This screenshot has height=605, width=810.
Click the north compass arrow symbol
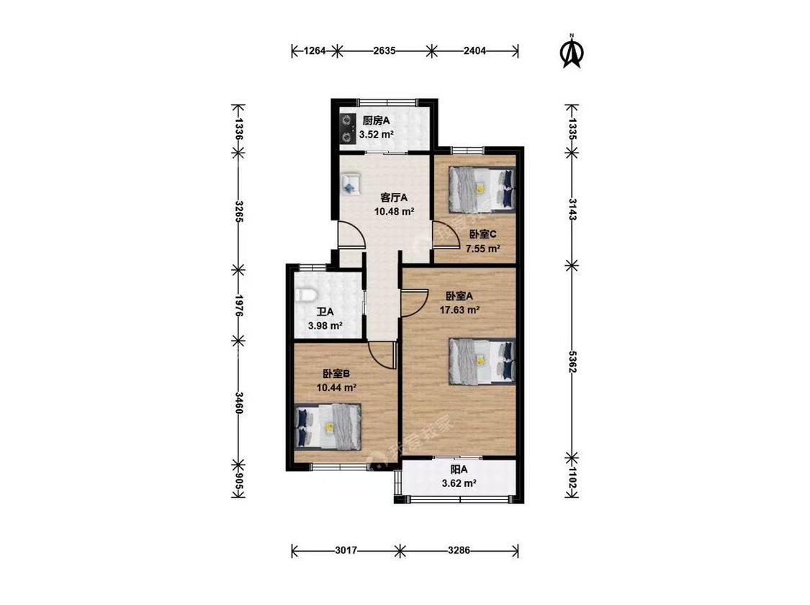pyautogui.click(x=572, y=52)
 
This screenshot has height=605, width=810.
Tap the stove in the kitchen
pyautogui.click(x=346, y=129)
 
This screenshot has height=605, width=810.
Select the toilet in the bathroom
pyautogui.click(x=305, y=295)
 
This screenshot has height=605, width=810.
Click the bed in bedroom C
pyautogui.click(x=482, y=189)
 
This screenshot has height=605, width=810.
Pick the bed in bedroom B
pyautogui.click(x=328, y=426)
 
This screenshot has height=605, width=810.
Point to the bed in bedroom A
pyautogui.click(x=482, y=362)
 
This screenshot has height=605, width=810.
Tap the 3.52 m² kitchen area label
pyautogui.click(x=377, y=135)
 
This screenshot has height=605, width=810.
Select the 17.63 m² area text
pyautogui.click(x=460, y=310)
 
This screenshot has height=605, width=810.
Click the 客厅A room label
pyautogui.click(x=394, y=197)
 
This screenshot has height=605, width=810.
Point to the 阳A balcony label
pyautogui.click(x=459, y=470)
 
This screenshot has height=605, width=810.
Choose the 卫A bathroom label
pyautogui.click(x=325, y=312)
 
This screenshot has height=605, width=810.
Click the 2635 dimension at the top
pyautogui.click(x=384, y=50)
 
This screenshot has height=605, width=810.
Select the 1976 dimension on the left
pyautogui.click(x=238, y=305)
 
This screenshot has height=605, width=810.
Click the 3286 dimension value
pyautogui.click(x=459, y=551)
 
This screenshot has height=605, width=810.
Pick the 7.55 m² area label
pyautogui.click(x=483, y=248)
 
